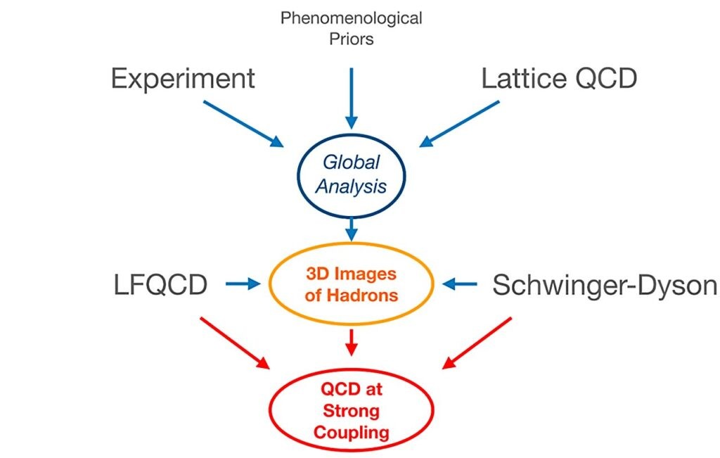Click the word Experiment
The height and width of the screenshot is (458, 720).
tap(183, 79)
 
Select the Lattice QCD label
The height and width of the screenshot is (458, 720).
tap(559, 78)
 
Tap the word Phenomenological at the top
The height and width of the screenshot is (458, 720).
tap(352, 19)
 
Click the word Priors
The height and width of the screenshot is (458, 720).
tap(352, 39)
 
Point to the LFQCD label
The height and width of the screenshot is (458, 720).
tap(160, 285)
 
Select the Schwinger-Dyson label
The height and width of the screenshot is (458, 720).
tap(604, 285)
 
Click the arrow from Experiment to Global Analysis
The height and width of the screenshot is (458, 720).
tap(243, 124)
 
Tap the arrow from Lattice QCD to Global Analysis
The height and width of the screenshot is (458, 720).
tap(459, 124)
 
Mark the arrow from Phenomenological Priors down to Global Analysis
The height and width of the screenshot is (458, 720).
tap(352, 98)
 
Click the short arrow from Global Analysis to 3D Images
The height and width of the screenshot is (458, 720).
tap(352, 229)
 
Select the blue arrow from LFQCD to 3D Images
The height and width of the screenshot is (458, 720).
tap(243, 284)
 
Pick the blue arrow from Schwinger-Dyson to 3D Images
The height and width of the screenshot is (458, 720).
tap(460, 284)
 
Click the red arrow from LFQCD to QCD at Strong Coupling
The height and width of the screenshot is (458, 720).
tap(235, 343)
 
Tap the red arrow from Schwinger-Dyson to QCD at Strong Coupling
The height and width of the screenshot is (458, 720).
tap(477, 343)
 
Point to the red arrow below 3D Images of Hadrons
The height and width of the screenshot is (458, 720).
tap(352, 342)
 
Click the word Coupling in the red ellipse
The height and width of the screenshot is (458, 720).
tap(352, 433)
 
